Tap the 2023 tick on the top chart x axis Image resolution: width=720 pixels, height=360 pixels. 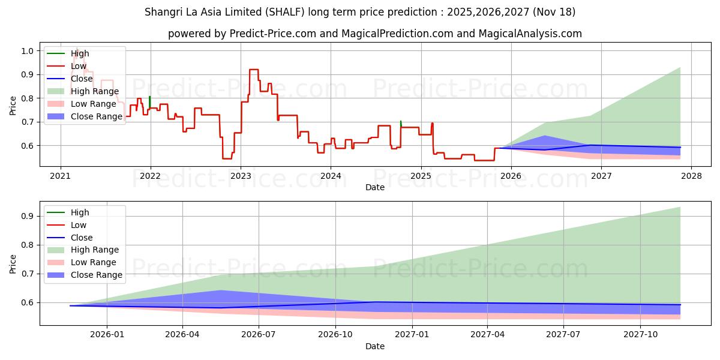click(241, 176)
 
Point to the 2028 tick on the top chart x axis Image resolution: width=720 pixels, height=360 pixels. click(691, 176)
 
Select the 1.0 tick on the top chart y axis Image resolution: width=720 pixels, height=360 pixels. click(28, 51)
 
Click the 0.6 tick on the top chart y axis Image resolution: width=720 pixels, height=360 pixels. click(28, 146)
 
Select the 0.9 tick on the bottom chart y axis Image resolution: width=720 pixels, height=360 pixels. click(28, 216)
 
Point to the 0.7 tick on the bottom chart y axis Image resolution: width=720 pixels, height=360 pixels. click(28, 274)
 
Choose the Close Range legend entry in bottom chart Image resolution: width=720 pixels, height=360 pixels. click(96, 275)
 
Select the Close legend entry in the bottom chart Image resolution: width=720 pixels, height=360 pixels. click(82, 238)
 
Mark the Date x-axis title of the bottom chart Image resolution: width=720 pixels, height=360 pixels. click(375, 346)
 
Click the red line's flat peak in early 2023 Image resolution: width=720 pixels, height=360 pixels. click(254, 70)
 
